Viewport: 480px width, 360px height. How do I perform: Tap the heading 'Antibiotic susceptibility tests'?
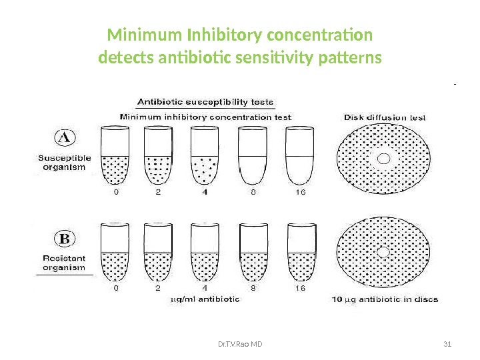(x=205, y=102)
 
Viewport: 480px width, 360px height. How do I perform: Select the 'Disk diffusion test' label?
(x=385, y=117)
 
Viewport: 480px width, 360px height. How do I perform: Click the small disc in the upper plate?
(x=383, y=158)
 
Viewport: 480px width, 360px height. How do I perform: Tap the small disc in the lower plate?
(x=383, y=253)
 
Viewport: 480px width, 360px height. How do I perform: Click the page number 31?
(x=447, y=344)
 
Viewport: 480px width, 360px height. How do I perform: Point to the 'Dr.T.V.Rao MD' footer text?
(x=240, y=344)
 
